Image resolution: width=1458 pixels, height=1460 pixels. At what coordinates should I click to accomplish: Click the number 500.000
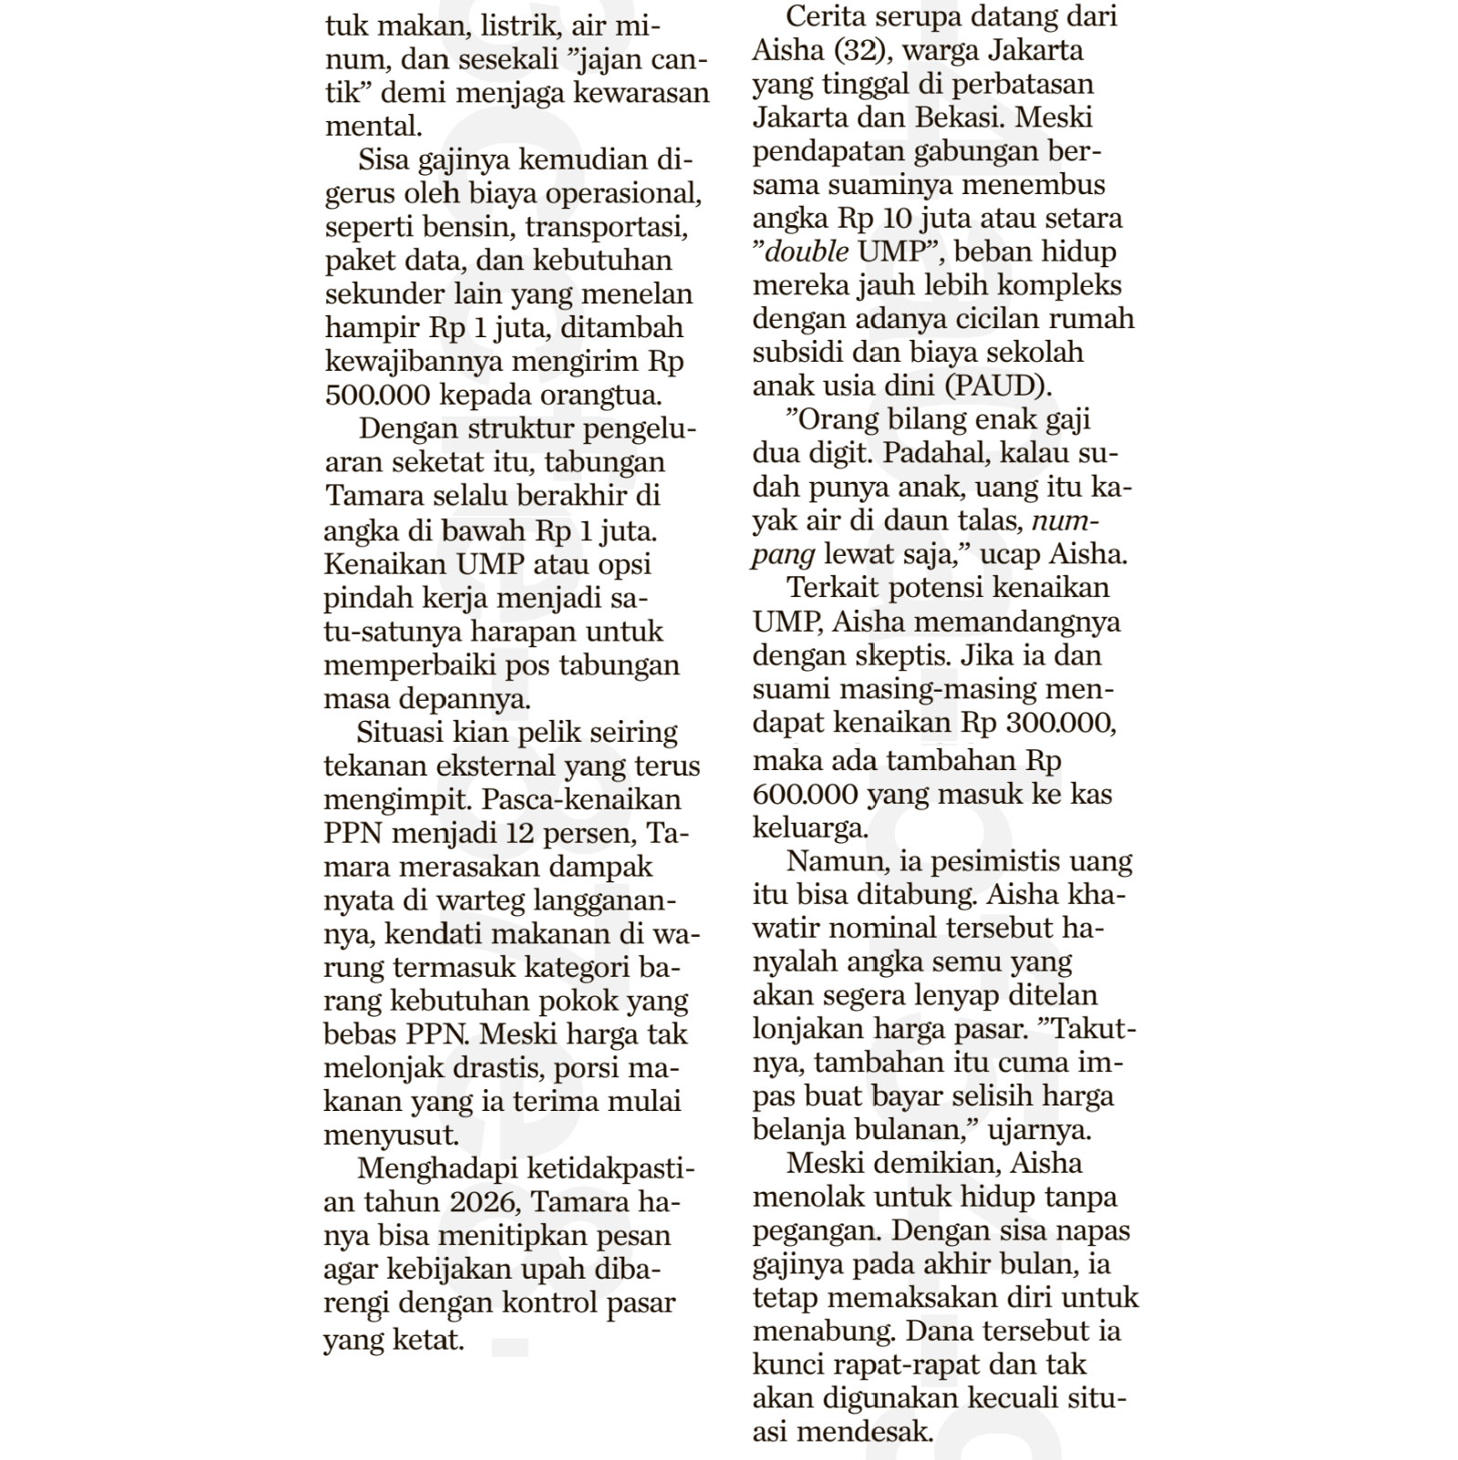[379, 396]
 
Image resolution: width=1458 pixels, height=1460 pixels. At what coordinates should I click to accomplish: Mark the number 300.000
[1062, 723]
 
